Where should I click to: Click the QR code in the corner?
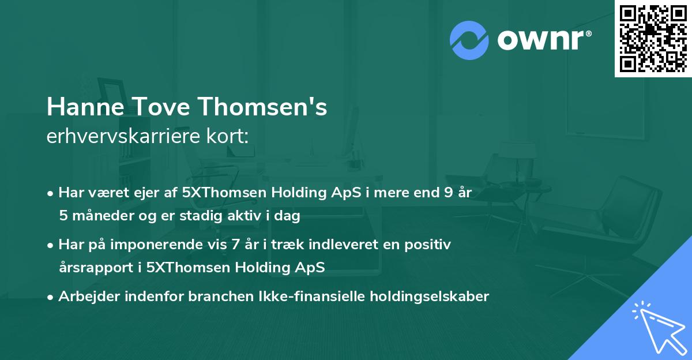point(653,38)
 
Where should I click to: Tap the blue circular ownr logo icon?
point(469,39)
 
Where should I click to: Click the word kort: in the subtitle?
point(230,137)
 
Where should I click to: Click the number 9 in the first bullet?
point(448,193)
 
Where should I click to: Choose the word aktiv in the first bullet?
point(253,216)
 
